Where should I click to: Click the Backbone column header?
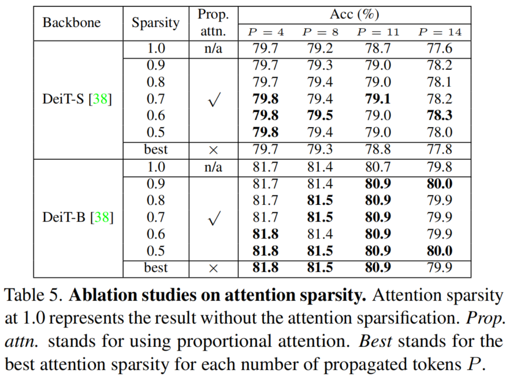pos(72,23)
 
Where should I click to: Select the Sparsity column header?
pos(155,23)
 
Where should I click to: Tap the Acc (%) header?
pos(354,15)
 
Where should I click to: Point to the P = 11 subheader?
pos(378,32)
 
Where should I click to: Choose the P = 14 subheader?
pos(439,32)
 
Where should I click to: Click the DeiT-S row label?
pos(77,99)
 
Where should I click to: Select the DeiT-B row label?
pos(77,217)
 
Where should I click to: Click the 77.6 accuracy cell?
pos(439,48)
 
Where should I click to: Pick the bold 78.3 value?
pos(439,116)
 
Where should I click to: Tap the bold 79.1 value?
pos(378,99)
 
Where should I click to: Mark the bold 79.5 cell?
pos(320,116)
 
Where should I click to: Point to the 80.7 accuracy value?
pos(378,167)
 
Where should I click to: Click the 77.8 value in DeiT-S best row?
pos(439,149)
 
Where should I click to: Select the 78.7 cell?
pos(378,48)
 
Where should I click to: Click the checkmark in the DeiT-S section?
pos(213,100)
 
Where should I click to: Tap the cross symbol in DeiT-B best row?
pos(213,268)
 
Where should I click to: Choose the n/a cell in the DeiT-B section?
pos(213,167)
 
